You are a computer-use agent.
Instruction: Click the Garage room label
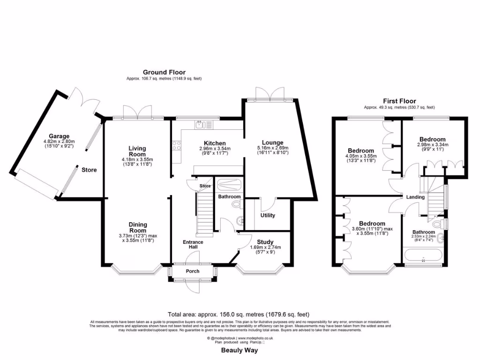[59, 136]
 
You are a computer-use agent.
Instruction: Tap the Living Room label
[137, 151]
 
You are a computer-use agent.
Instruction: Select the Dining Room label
[138, 227]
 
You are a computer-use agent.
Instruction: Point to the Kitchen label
[215, 143]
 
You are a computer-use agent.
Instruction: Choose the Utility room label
[268, 216]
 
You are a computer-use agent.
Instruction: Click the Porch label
[193, 271]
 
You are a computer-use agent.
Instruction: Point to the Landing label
[415, 197]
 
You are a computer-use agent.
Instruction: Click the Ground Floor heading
[164, 72]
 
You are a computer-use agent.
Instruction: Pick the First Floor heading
[399, 101]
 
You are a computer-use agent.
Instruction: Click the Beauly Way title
[240, 350]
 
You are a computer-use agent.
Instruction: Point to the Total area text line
[239, 315]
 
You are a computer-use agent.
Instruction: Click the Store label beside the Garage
[89, 170]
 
